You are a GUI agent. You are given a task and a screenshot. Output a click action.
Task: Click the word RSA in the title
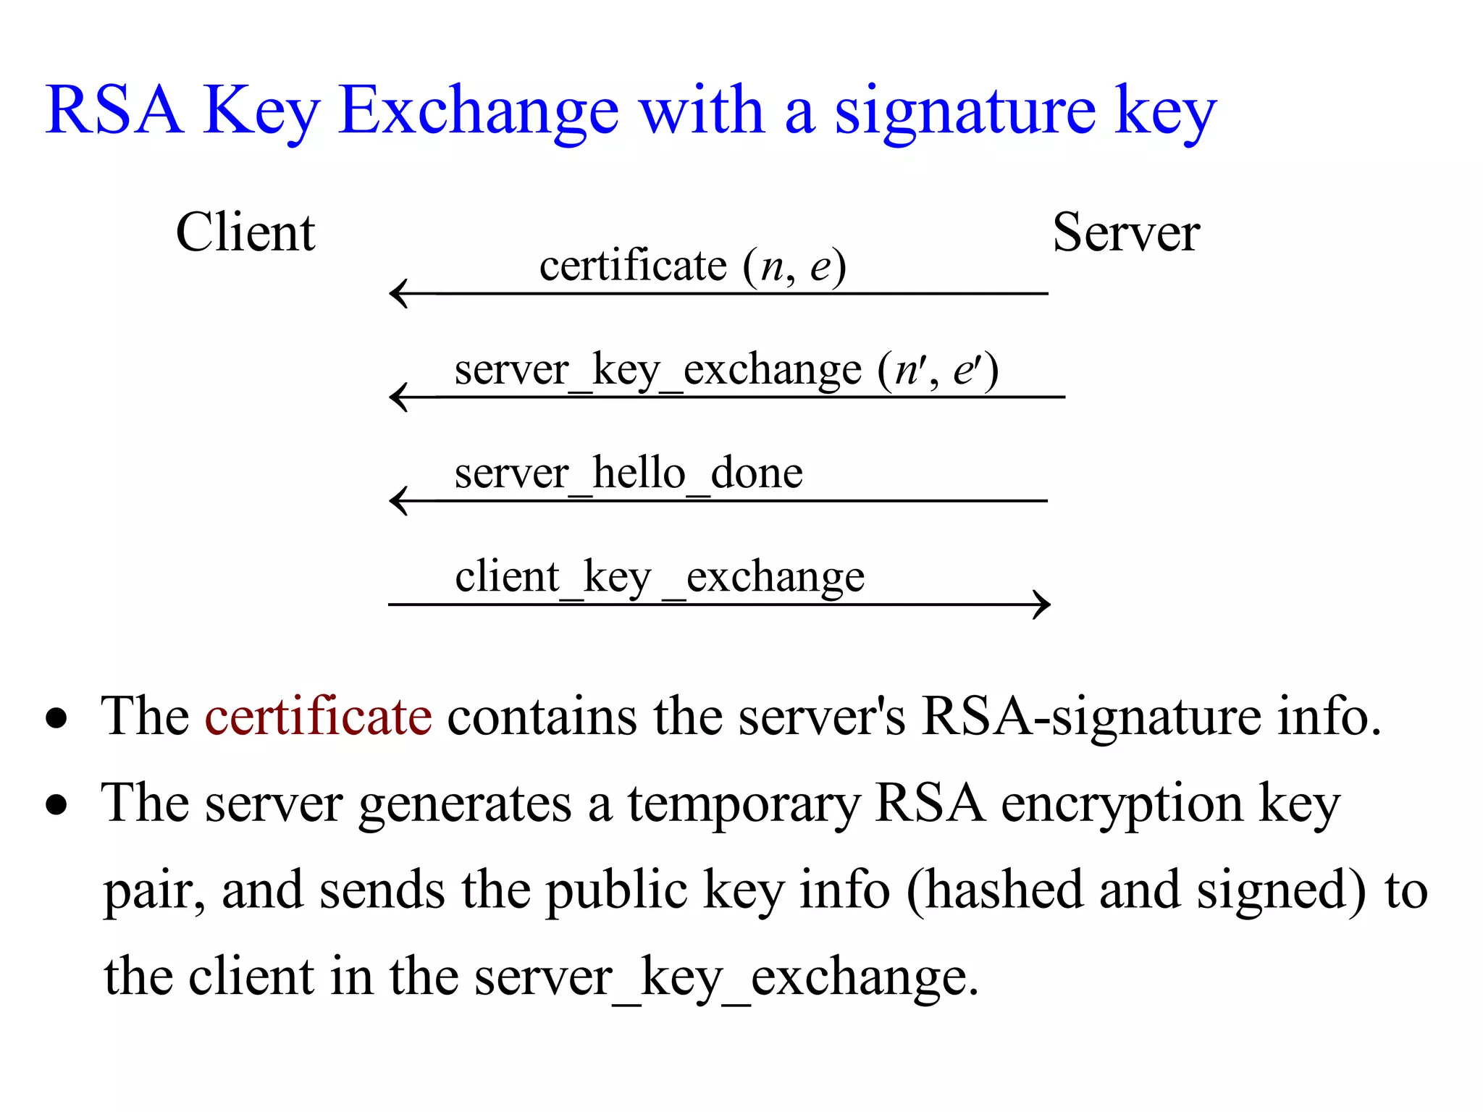(114, 110)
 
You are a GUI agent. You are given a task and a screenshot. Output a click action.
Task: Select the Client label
(245, 232)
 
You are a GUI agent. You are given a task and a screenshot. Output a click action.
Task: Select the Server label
(1126, 232)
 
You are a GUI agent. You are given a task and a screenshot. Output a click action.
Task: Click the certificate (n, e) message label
(692, 266)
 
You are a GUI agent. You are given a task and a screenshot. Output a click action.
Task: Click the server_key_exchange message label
(726, 371)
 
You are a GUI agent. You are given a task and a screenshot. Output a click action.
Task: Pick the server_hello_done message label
(629, 474)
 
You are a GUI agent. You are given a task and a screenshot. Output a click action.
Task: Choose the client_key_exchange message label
(660, 578)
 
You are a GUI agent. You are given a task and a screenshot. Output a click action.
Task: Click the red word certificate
(319, 716)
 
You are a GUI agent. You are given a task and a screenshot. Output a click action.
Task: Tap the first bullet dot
(56, 718)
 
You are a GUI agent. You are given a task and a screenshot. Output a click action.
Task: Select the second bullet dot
(56, 805)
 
